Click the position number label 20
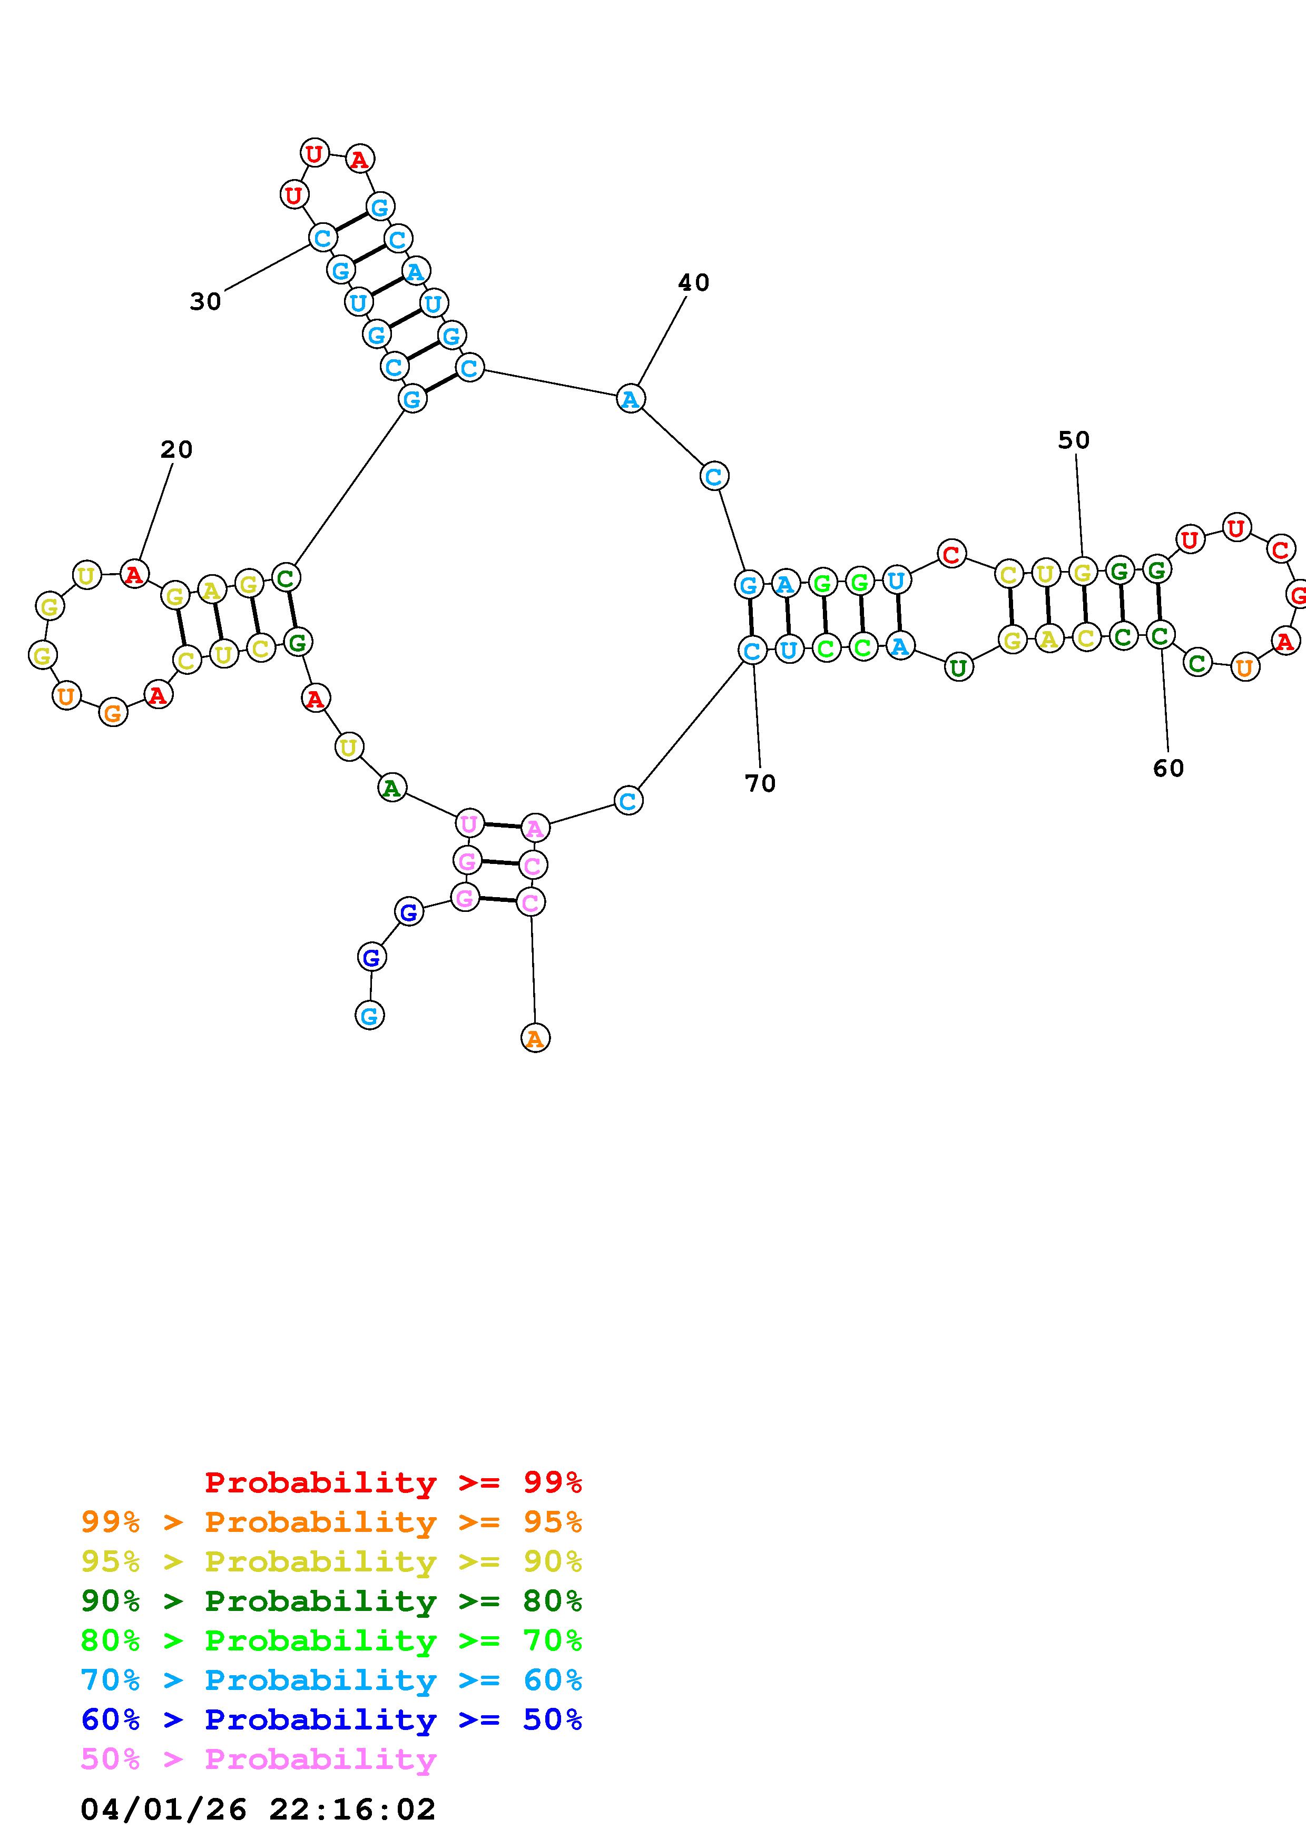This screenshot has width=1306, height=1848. pyautogui.click(x=176, y=449)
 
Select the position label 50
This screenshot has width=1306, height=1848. pyautogui.click(x=1074, y=440)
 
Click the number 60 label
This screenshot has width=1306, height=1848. pyautogui.click(x=1168, y=769)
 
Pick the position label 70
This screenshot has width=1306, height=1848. pyautogui.click(x=760, y=783)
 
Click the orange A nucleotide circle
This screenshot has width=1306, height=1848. pyautogui.click(x=535, y=1039)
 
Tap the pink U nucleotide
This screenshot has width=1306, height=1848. pyautogui.click(x=468, y=823)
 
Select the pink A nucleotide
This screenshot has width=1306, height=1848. pyautogui.click(x=535, y=828)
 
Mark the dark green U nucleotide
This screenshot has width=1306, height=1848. pyautogui.click(x=958, y=667)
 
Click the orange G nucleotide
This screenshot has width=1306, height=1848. pyautogui.click(x=113, y=712)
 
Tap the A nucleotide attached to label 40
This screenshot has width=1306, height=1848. pyautogui.click(x=630, y=398)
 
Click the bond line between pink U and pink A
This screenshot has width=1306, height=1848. pyautogui.click(x=502, y=825)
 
